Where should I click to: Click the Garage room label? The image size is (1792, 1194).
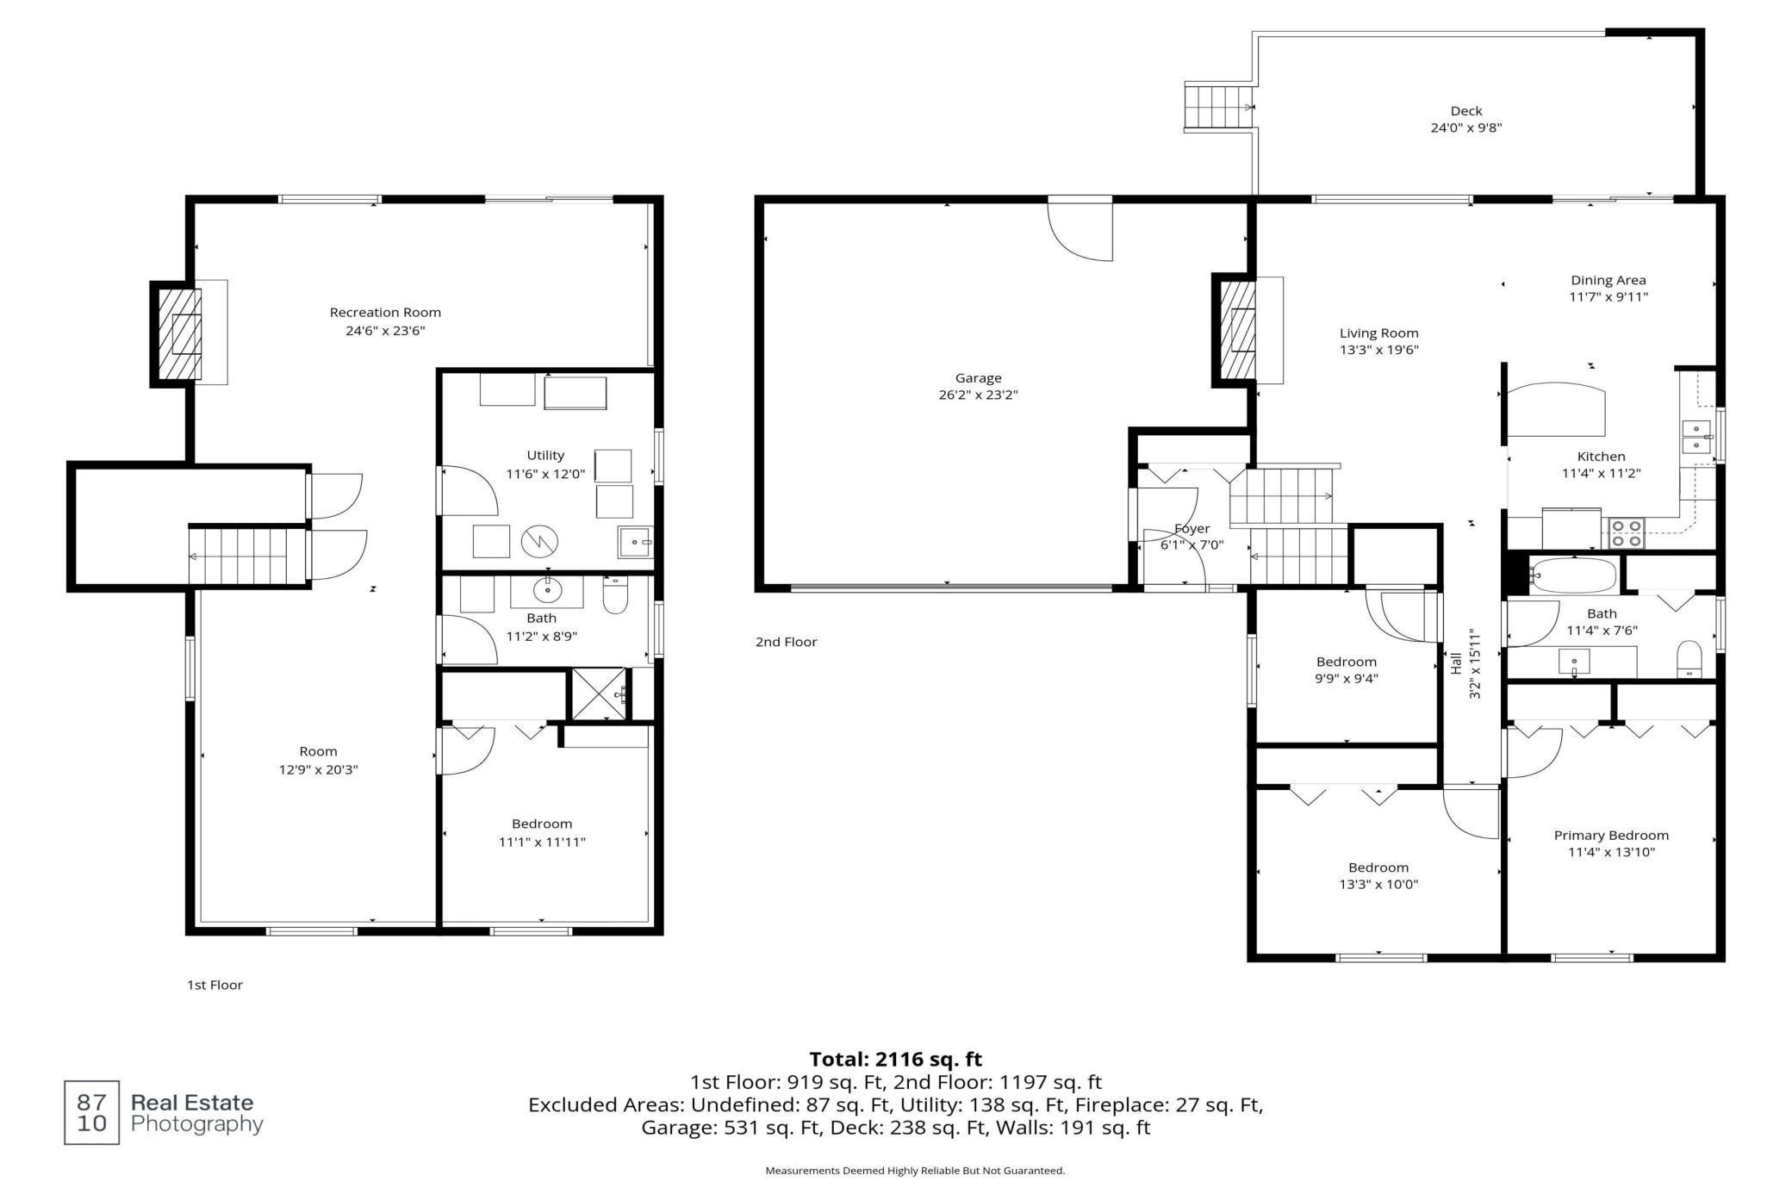[978, 377]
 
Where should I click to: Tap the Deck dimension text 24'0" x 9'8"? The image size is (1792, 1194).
[1465, 127]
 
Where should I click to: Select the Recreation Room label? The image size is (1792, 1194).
[385, 312]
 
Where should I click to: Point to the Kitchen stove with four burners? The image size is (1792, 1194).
[1626, 533]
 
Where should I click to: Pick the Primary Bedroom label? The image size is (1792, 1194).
[1610, 835]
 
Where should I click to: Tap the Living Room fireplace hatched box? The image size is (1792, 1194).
[1239, 330]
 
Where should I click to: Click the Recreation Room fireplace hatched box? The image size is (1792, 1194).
[181, 334]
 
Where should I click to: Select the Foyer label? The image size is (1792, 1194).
[1192, 528]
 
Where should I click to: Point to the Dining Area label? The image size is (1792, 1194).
[1608, 280]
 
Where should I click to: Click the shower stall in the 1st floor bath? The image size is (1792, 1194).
[599, 693]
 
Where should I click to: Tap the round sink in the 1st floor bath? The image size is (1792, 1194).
[547, 591]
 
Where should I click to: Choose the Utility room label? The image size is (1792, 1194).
[545, 455]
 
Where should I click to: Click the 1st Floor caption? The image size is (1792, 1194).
[215, 985]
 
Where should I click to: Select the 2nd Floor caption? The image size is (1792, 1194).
[786, 642]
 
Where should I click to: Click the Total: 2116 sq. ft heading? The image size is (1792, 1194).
[895, 1059]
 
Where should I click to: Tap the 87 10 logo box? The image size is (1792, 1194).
[91, 1112]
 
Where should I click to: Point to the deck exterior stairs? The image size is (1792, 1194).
[1217, 107]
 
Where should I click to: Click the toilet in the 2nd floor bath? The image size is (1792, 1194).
[1689, 659]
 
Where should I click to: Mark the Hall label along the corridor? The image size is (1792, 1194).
[1456, 662]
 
